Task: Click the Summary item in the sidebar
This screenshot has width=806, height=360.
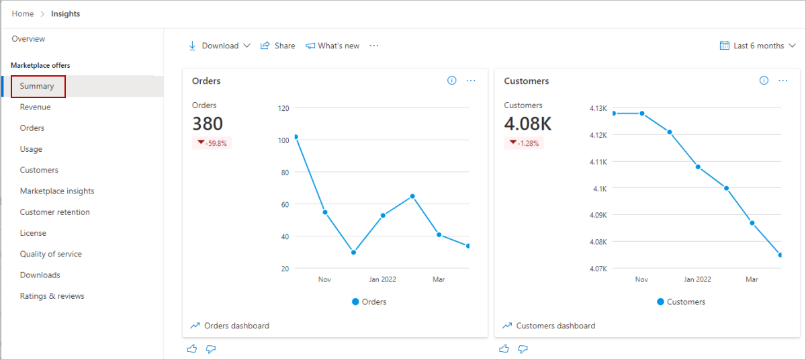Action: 37,86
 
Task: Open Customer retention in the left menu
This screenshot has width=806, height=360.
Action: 54,212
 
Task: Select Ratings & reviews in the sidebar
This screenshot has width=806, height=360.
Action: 52,296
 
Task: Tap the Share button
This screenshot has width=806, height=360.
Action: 278,46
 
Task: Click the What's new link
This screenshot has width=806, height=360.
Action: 332,46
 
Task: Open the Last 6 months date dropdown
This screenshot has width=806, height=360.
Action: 758,46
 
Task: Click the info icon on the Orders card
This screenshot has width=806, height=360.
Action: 451,81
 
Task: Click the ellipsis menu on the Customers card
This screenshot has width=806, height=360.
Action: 783,81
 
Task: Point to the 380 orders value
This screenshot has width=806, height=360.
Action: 208,124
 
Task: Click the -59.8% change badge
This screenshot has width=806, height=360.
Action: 212,143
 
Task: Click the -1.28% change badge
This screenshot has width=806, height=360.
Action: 524,143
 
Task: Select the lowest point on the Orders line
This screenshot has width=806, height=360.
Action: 353,253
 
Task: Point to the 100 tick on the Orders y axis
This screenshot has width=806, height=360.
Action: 283,140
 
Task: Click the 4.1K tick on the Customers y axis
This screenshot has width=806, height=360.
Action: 598,189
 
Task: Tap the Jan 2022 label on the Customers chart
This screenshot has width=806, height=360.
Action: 697,279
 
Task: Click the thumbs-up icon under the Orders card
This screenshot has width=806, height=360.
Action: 193,349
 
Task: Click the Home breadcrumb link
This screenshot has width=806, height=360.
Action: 23,14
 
